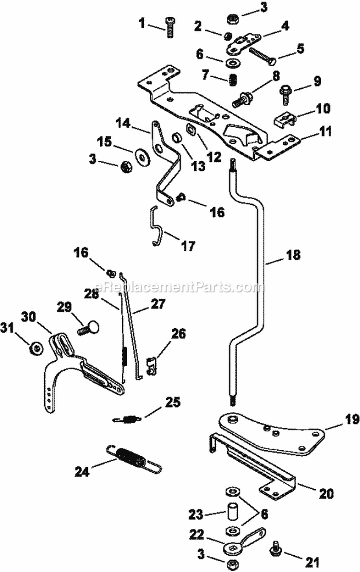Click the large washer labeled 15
[x=143, y=155]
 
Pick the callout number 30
[x=28, y=316]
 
